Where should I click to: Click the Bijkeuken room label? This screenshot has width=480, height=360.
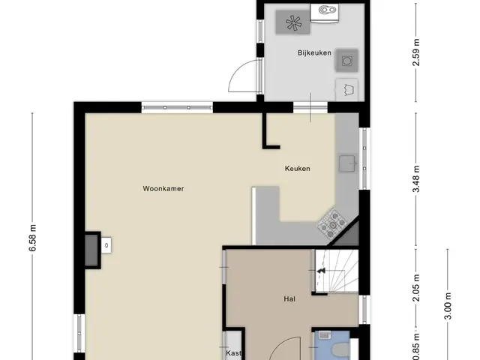tap(314, 53)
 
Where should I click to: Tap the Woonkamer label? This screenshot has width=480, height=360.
tap(163, 188)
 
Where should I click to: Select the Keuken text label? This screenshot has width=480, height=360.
tap(298, 169)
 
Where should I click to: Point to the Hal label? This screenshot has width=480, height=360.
tap(289, 298)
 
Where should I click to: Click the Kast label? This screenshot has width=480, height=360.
tap(234, 353)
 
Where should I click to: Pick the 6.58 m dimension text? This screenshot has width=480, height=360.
tap(33, 238)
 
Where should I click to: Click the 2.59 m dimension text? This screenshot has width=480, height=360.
tap(416, 52)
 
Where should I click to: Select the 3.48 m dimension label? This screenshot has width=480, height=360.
tap(416, 178)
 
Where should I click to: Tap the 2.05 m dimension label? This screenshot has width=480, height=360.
tap(416, 288)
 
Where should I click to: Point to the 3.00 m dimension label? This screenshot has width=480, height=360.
tap(448, 306)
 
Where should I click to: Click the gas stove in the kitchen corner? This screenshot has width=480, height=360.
tap(332, 223)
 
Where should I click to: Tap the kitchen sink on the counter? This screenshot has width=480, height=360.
tap(347, 163)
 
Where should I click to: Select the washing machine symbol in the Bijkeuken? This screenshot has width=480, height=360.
tap(346, 61)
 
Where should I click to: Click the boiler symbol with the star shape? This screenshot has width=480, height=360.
tap(293, 22)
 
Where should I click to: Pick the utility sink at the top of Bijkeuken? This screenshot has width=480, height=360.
tap(325, 13)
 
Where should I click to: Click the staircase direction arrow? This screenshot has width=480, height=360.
tap(321, 271)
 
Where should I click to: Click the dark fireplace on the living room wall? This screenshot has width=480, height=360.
tap(91, 250)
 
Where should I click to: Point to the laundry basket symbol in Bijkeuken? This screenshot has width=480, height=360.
tap(347, 90)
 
